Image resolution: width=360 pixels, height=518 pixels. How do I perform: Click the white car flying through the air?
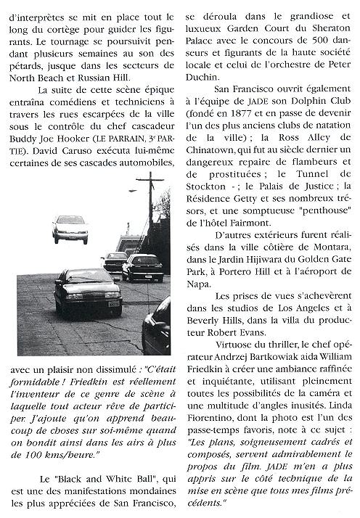pos(70,228)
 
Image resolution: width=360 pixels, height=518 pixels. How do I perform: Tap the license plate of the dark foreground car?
pos(113,304)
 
